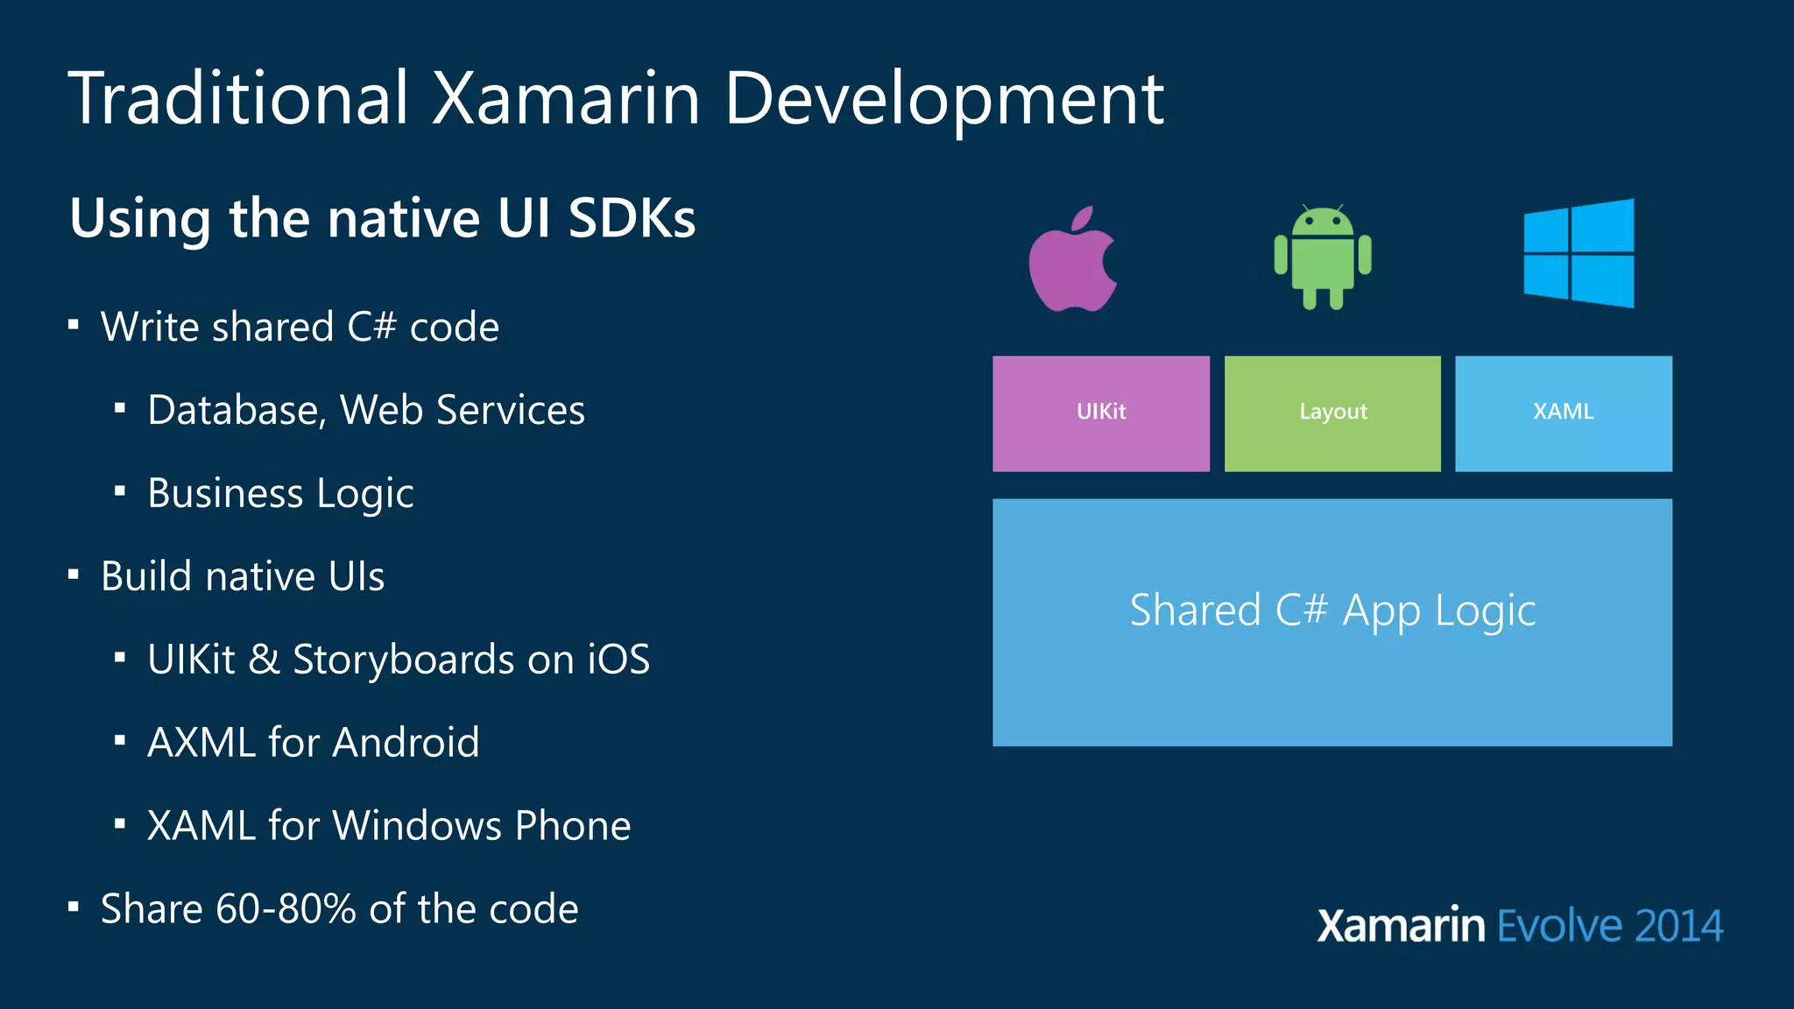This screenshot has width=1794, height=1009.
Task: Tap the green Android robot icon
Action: point(1323,258)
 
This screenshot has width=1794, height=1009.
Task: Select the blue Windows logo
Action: point(1579,253)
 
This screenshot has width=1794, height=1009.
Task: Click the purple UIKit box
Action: point(1101,413)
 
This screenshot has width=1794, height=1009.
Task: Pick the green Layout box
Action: point(1332,413)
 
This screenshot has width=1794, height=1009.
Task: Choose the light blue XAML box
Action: point(1564,413)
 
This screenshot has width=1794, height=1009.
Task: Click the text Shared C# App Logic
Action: point(1332,610)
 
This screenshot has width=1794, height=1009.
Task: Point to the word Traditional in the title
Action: point(238,98)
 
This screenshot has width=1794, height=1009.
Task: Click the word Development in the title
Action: point(943,100)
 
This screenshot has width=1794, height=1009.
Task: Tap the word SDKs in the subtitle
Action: point(632,218)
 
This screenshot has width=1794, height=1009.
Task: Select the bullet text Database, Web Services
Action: point(366,410)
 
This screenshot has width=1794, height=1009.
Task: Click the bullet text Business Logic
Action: point(280,493)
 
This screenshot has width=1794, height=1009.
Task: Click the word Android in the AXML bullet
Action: point(406,743)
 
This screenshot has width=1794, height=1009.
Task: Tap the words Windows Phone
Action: point(482,826)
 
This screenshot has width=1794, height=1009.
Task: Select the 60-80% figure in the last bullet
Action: point(286,909)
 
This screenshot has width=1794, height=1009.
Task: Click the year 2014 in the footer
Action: point(1678,927)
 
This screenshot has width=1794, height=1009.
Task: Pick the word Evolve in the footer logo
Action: point(1559,927)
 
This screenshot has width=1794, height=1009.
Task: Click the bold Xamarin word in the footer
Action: point(1401,927)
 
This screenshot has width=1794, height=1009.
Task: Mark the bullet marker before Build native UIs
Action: point(74,575)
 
